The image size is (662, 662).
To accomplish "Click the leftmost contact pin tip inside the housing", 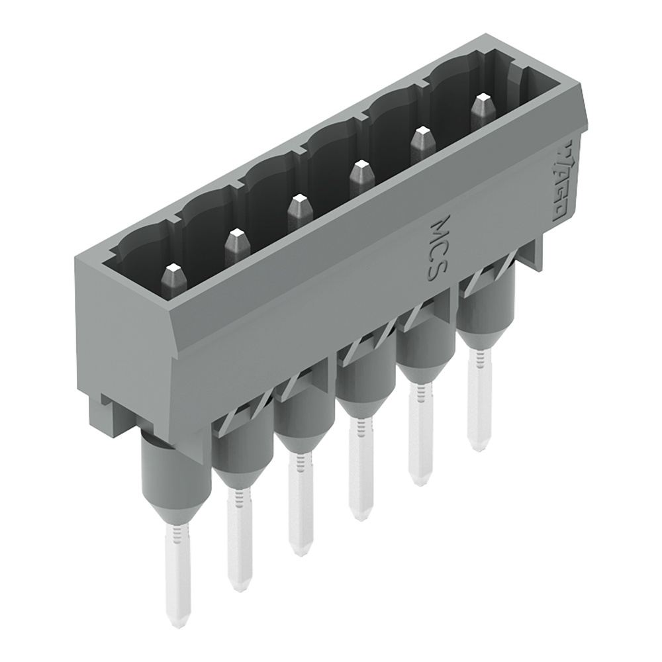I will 174,277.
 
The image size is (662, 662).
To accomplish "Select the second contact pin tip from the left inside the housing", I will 236,242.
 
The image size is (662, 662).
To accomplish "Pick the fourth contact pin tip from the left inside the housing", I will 361,173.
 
